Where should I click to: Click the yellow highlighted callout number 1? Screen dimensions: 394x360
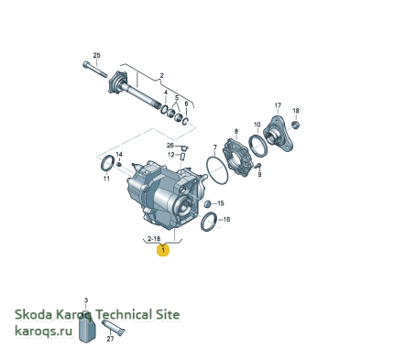(163, 250)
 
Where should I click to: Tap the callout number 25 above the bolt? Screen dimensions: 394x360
(96, 55)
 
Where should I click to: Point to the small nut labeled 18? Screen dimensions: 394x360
(296, 125)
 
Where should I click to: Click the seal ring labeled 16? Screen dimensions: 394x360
(209, 222)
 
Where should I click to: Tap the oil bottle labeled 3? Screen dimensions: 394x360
(86, 327)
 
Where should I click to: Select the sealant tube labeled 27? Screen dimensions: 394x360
(114, 328)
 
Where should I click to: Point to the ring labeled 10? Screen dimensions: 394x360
(258, 146)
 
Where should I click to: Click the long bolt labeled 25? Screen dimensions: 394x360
(95, 70)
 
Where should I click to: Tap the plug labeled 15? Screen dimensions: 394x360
(207, 203)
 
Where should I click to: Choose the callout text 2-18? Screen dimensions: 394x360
(154, 239)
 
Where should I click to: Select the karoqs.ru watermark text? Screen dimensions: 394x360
(44, 331)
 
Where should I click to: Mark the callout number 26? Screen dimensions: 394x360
(170, 145)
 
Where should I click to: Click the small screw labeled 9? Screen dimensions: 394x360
(257, 166)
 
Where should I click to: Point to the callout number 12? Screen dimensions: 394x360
(170, 155)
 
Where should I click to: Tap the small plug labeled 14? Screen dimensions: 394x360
(119, 165)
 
